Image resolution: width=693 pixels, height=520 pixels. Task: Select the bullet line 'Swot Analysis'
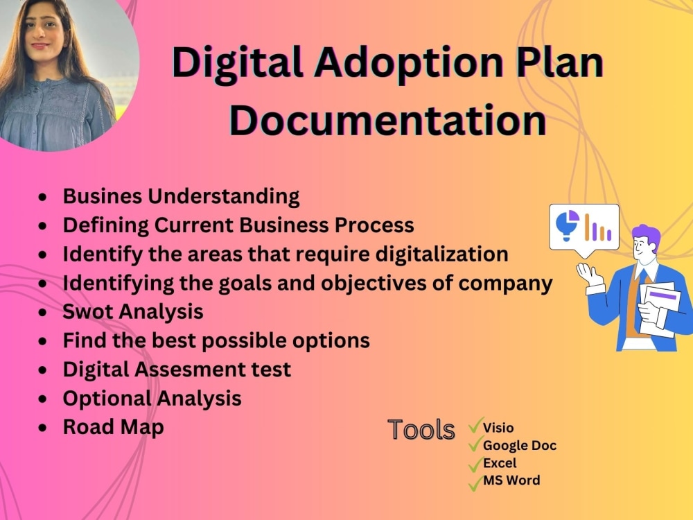coord(133,311)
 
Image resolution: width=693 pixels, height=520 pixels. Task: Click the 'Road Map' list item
coord(114,426)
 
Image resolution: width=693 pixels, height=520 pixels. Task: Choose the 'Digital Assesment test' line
coord(177,370)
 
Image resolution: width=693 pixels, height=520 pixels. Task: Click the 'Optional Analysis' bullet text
coord(152,398)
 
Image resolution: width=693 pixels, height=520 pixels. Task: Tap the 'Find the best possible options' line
coord(216,340)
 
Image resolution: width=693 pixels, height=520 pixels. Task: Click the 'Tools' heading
coord(421,430)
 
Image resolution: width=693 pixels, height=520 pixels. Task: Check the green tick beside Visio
coord(475,425)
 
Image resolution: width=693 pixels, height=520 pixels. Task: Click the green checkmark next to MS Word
coord(475,483)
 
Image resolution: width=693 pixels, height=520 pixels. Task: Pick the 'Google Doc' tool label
coord(519,445)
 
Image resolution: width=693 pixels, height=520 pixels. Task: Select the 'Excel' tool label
coord(500,462)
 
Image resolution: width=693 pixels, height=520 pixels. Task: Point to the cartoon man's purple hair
coord(646,236)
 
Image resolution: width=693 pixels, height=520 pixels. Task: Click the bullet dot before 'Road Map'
coord(44,428)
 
